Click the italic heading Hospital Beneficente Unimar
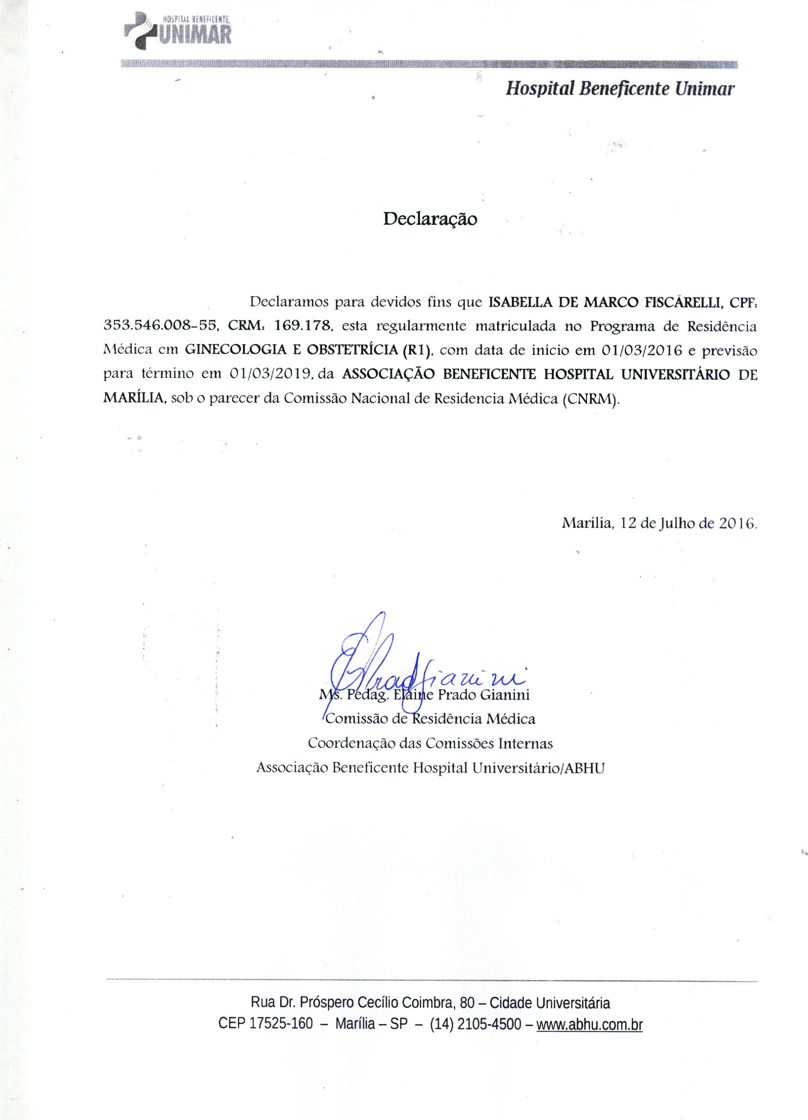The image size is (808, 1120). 620,89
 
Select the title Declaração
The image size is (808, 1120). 430,219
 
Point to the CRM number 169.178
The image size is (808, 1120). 304,326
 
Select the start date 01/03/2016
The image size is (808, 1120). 641,351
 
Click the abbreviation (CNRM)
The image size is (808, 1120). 590,398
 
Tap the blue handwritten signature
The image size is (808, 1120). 395,672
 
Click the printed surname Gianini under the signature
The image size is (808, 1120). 505,695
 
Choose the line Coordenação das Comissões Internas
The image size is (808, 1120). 430,743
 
